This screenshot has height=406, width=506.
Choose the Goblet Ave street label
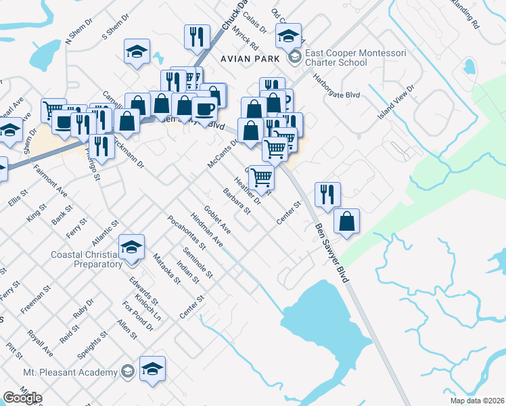click(x=217, y=219)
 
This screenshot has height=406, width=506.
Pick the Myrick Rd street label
click(x=245, y=40)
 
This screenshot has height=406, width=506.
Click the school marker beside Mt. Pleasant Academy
click(x=153, y=369)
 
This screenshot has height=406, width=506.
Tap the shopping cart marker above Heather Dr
click(x=262, y=177)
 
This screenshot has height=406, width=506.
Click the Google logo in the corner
click(x=22, y=398)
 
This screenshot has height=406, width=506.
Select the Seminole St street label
click(x=200, y=265)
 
